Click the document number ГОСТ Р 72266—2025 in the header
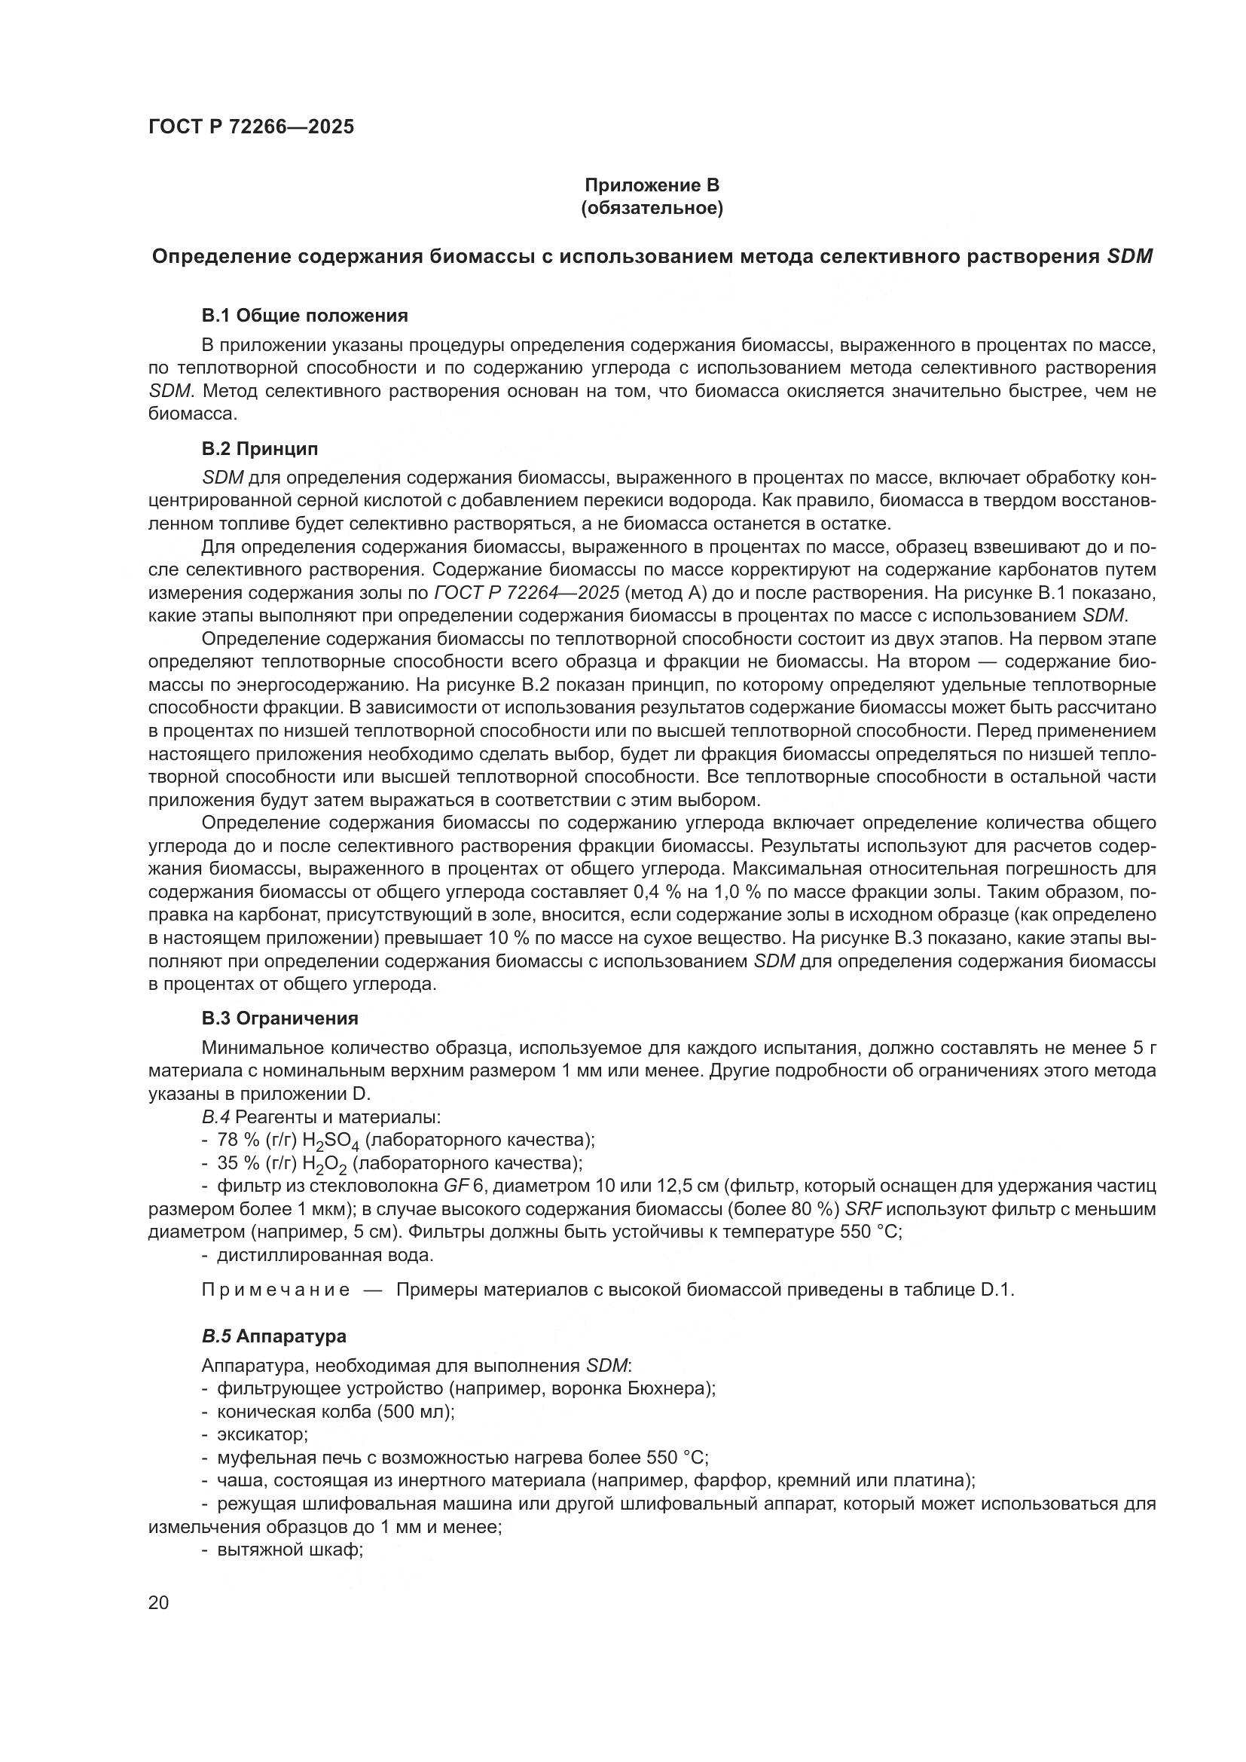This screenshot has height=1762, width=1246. point(251,127)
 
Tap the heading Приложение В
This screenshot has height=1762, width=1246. point(652,185)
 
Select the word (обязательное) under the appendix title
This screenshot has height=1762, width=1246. point(652,208)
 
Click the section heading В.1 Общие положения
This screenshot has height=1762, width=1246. point(304,316)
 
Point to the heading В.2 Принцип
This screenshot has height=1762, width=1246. point(259,448)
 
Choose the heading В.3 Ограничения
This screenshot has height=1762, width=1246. point(280,1018)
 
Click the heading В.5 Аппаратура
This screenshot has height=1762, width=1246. point(274,1336)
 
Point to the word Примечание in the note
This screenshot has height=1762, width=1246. point(276,1290)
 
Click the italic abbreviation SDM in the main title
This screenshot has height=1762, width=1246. point(1130,257)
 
